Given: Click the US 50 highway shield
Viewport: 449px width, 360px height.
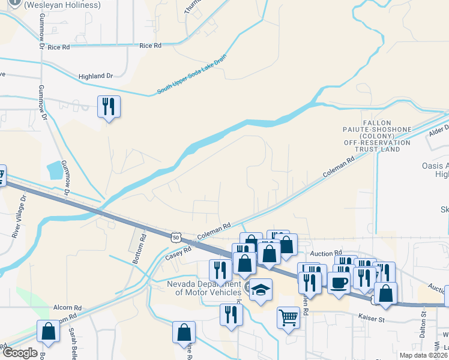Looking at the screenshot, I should [x=175, y=238].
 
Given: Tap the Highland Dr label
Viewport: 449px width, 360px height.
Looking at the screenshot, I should [x=95, y=77].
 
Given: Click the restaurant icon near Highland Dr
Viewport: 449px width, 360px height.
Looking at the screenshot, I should [x=109, y=107].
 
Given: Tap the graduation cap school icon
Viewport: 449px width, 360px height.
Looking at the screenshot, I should [x=261, y=290].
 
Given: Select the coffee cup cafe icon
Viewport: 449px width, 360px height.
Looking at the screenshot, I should [x=339, y=283].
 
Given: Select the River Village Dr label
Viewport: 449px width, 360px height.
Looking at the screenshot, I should [x=18, y=215].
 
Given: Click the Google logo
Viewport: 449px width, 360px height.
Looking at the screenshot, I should [x=19, y=353].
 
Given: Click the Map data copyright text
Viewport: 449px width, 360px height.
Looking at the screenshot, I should [x=423, y=355].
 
